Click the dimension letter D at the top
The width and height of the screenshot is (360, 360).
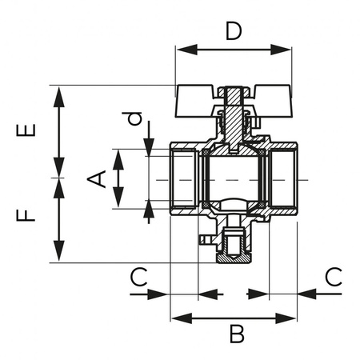(233, 32)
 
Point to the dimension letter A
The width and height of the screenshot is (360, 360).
(97, 178)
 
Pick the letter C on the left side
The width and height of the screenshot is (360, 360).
(139, 277)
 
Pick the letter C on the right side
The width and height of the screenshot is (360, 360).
(334, 277)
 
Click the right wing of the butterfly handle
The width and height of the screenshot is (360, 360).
(268, 95)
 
